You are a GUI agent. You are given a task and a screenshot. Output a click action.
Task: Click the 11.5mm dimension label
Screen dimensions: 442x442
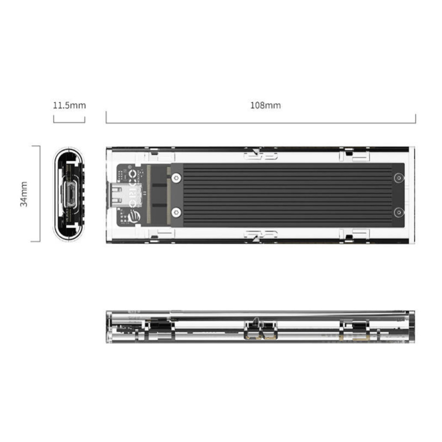tap(69, 105)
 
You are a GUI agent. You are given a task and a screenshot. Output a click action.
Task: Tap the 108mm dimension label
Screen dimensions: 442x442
tap(265, 105)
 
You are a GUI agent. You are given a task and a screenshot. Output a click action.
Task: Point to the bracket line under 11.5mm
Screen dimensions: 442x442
tap(69, 122)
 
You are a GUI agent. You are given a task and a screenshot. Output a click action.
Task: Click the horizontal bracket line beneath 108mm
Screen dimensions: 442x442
tap(261, 123)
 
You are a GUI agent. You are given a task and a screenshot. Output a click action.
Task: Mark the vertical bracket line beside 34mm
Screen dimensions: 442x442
tap(39, 193)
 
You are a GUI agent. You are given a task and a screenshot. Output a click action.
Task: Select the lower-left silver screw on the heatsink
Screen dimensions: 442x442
tap(175, 212)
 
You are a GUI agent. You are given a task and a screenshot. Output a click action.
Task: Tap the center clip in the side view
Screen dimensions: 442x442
tap(260, 329)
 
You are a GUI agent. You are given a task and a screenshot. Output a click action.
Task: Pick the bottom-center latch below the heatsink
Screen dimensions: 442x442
tap(260, 234)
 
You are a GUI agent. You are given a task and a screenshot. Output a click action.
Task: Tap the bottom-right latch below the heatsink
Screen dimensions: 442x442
tap(354, 234)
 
